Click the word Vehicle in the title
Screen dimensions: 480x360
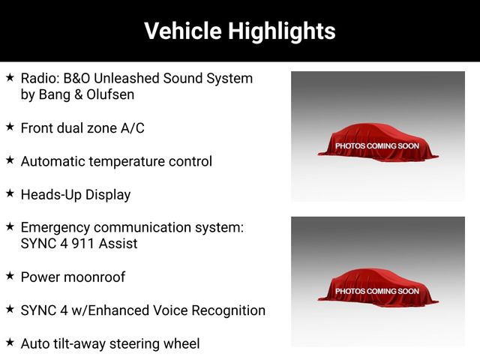point(183,31)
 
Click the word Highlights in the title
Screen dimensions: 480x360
point(282,31)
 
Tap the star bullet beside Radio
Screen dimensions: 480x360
point(10,77)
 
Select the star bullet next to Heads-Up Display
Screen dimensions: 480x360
point(10,193)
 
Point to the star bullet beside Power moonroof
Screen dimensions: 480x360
point(10,275)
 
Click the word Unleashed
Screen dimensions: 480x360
point(127,78)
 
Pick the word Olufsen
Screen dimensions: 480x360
point(110,94)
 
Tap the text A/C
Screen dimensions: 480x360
point(133,128)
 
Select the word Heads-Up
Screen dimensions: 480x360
point(51,195)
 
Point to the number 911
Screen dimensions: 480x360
point(82,244)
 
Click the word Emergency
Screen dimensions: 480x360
point(55,228)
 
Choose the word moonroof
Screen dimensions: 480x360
point(95,277)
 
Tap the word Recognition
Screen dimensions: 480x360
point(228,310)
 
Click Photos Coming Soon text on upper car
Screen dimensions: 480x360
point(377,146)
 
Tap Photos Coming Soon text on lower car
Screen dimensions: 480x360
point(377,291)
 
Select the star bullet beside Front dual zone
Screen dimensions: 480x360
point(10,127)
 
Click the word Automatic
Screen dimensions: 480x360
point(53,162)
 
